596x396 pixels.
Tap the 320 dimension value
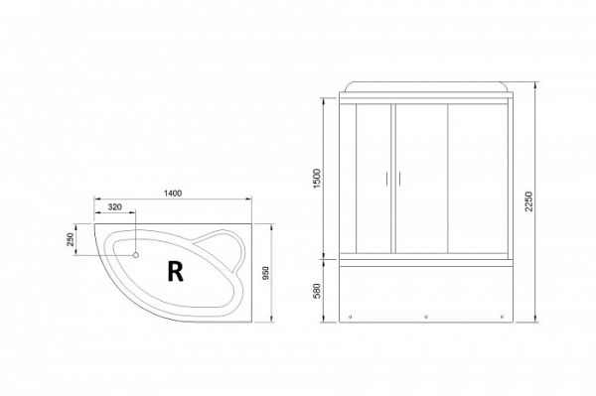(114, 208)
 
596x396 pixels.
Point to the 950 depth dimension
(266, 271)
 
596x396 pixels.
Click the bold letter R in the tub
(175, 269)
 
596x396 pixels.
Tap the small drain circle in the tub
(135, 255)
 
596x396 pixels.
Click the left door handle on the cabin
(386, 179)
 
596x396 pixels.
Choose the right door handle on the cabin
(399, 179)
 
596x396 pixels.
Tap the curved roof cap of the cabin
(428, 85)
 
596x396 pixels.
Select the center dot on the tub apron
(426, 318)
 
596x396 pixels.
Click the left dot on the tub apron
(350, 318)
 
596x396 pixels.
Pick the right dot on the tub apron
(503, 318)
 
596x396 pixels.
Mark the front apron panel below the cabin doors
(427, 293)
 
